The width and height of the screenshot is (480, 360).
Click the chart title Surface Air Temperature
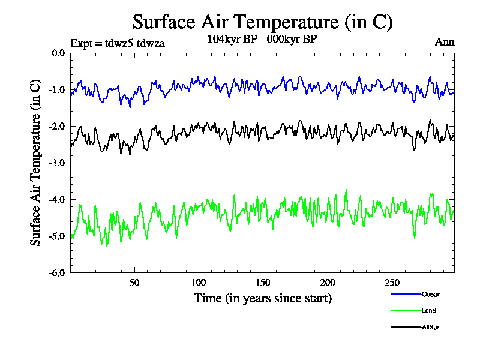[x=262, y=22]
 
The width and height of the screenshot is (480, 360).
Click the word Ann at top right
[x=445, y=42]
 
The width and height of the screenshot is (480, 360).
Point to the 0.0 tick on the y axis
[x=58, y=53]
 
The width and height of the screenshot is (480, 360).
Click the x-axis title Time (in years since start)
[x=262, y=298]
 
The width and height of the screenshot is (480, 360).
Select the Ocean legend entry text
[x=431, y=294]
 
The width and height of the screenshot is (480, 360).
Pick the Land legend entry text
[x=428, y=311]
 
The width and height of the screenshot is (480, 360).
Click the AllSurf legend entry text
[x=431, y=328]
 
